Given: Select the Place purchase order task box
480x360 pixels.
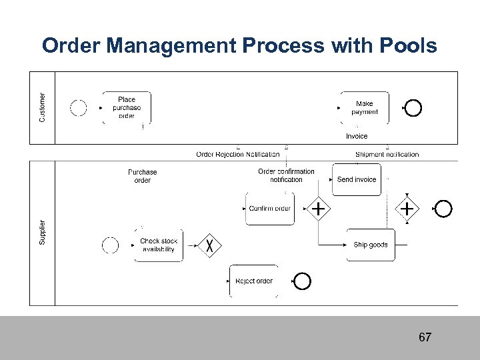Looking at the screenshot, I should tap(126, 108).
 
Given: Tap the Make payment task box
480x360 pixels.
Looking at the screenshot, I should tap(364, 108).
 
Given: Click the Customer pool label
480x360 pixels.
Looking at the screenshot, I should tap(43, 107).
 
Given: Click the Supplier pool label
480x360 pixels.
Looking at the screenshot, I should tap(43, 231).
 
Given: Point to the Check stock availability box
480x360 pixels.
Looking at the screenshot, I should tap(158, 245).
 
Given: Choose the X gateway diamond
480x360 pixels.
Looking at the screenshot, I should tap(211, 245).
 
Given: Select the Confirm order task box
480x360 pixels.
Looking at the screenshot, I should tap(269, 209).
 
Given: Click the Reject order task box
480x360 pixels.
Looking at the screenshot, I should tap(254, 281).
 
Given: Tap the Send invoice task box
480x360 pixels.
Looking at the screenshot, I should tap(357, 179).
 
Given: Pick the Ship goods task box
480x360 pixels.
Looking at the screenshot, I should tap(370, 245).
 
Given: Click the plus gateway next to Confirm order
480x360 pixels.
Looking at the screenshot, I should tap(319, 209).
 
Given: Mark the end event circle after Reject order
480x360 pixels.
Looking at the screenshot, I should tap(303, 281).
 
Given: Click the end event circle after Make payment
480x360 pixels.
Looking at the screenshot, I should tap(413, 107).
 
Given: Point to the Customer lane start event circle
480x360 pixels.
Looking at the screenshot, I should tap(79, 107).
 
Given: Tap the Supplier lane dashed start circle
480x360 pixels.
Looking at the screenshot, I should tap(110, 245).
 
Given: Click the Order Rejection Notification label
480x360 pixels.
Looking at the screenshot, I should tap(238, 155).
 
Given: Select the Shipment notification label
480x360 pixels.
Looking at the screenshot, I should tap(387, 155).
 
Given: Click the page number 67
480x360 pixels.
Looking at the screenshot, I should tap(425, 337).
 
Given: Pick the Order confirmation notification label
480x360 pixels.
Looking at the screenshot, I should tap(286, 175).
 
